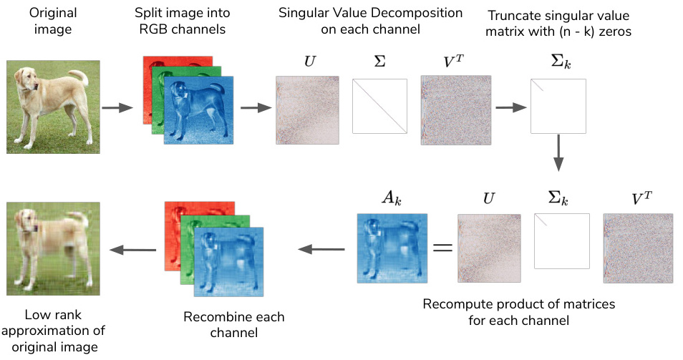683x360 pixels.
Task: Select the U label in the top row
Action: click(x=310, y=62)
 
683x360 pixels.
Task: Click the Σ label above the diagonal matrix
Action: click(x=379, y=62)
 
